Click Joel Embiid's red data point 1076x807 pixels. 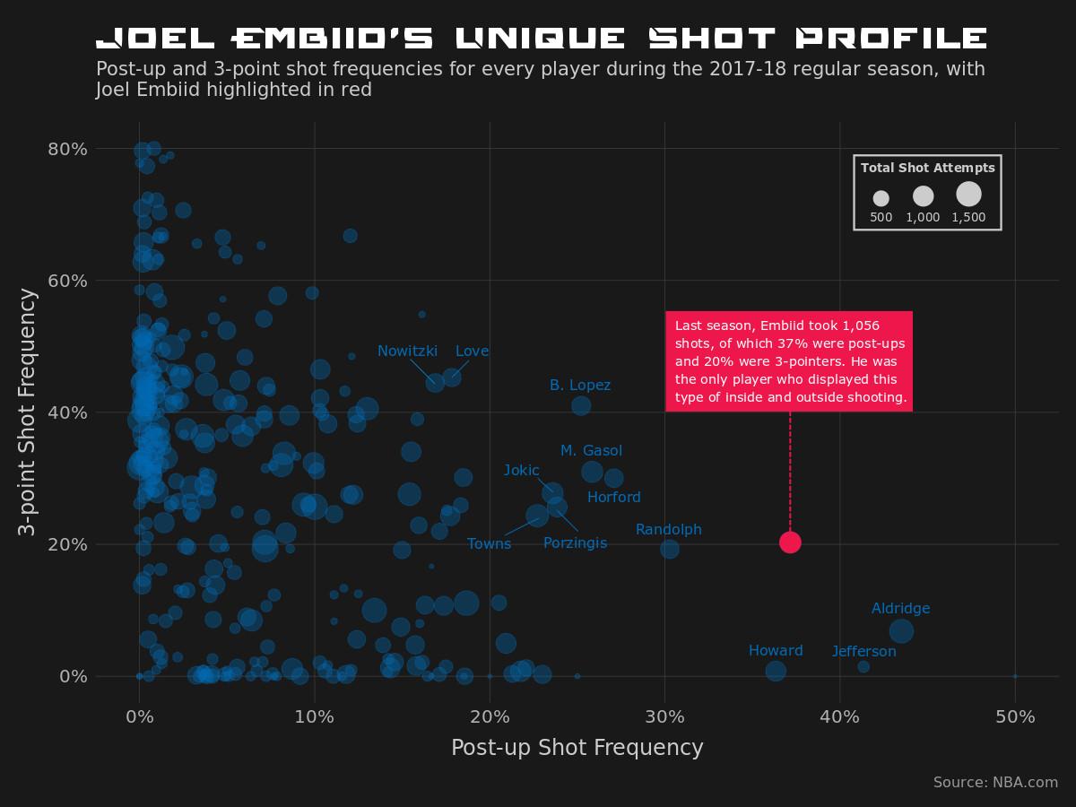[x=790, y=542]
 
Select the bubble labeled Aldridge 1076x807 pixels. [x=901, y=631]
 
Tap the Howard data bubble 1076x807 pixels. [x=776, y=671]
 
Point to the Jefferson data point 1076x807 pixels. [x=863, y=666]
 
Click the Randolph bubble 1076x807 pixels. [x=670, y=549]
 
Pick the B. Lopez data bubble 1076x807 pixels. [x=581, y=405]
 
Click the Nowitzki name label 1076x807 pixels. [x=407, y=351]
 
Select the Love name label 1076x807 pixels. [x=472, y=351]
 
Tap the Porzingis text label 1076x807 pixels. [x=575, y=543]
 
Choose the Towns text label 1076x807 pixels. [x=489, y=544]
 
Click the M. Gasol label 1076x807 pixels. [x=591, y=451]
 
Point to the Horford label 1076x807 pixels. [x=613, y=498]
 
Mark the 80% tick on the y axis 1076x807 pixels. [x=67, y=149]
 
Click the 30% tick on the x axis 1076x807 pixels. [x=664, y=717]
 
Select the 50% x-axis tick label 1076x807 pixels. [x=1015, y=717]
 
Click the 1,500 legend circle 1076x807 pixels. [x=968, y=194]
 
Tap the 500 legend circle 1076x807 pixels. [x=881, y=198]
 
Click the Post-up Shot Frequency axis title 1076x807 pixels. [x=577, y=748]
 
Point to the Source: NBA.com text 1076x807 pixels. [x=995, y=783]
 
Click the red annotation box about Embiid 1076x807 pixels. [x=789, y=361]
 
